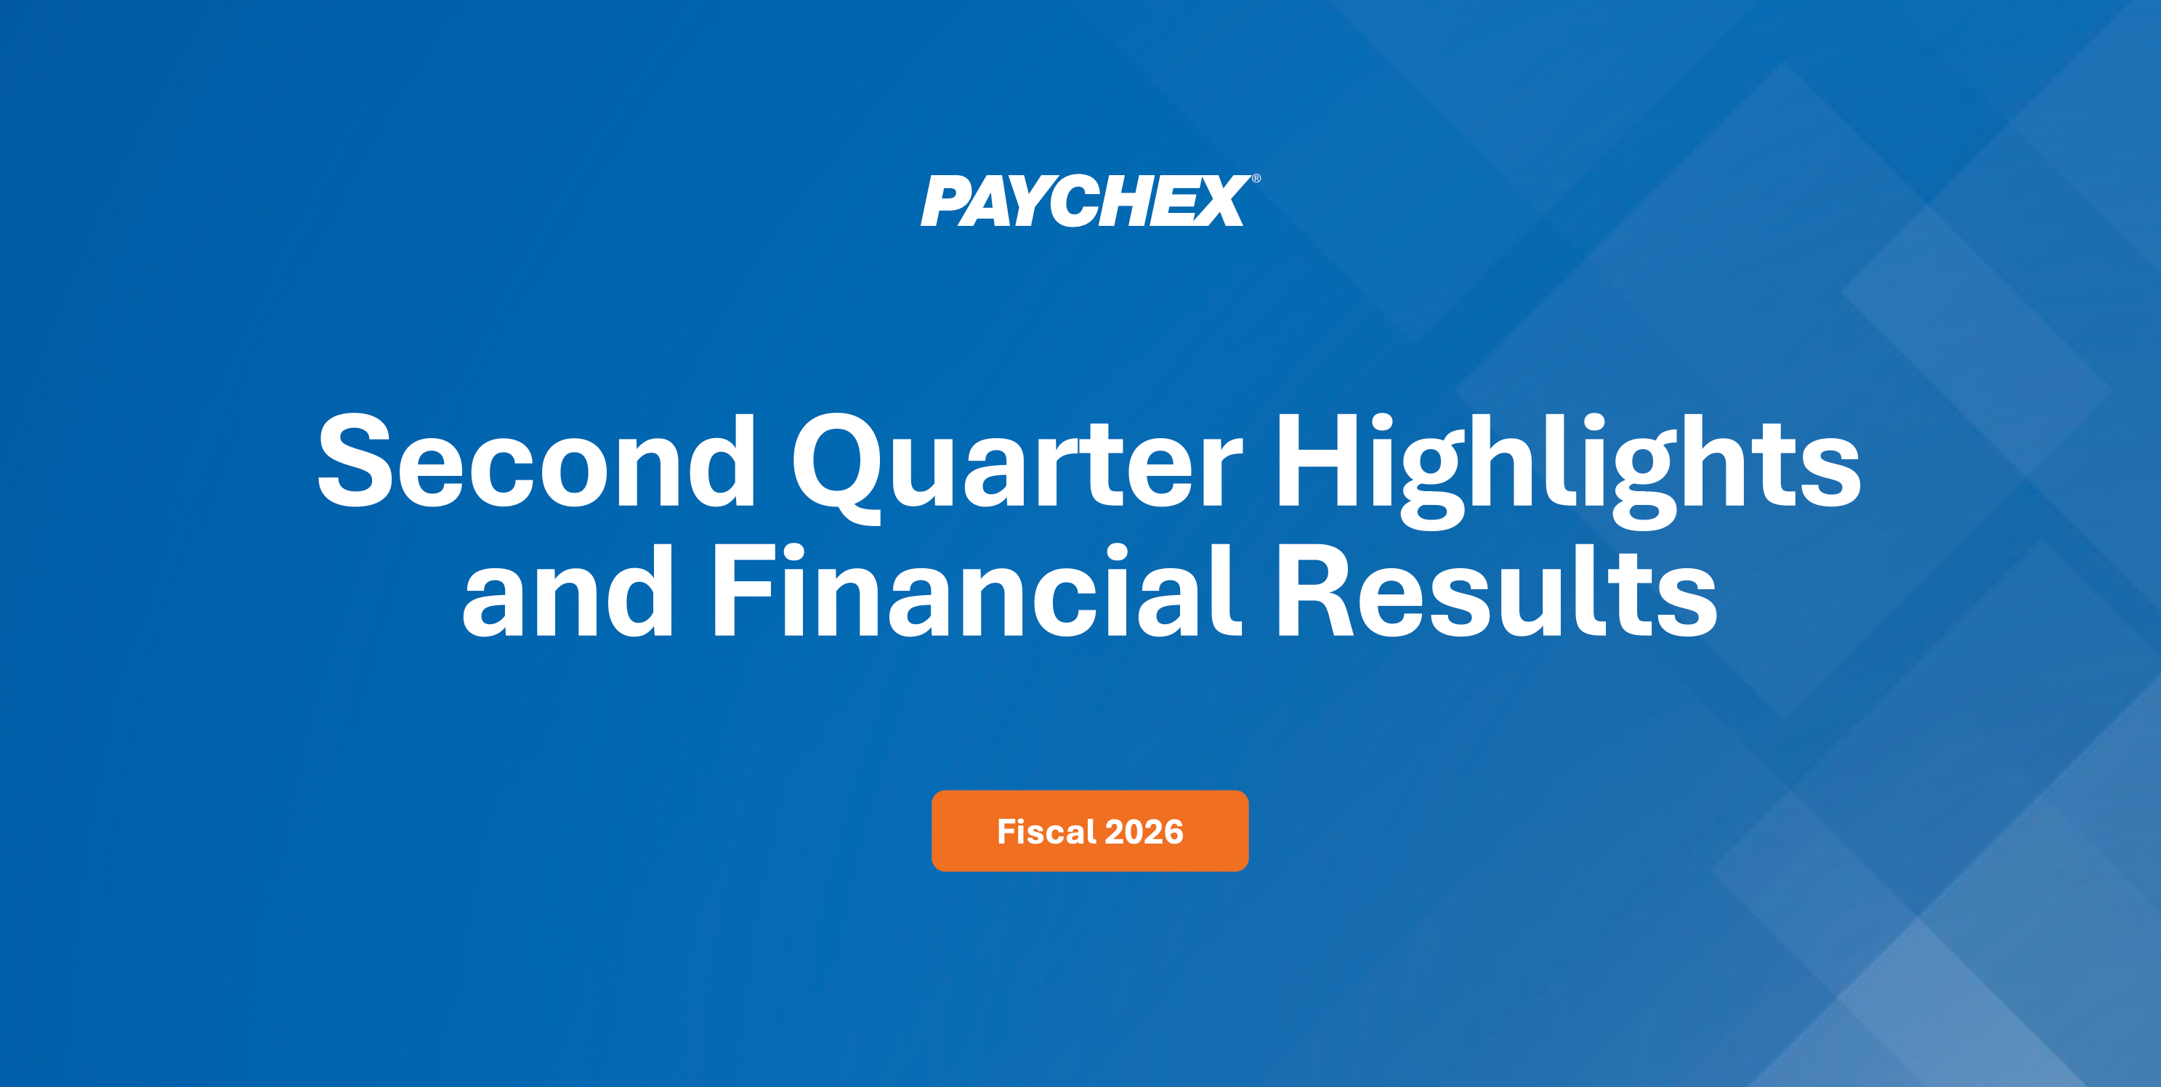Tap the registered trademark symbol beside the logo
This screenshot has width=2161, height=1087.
click(1256, 179)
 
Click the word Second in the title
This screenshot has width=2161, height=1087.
click(537, 461)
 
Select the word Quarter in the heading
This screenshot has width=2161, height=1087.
click(1017, 466)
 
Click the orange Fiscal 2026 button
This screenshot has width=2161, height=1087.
click(1090, 831)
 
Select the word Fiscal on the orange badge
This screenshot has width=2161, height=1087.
click(1047, 831)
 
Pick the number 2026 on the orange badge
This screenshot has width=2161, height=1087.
click(1144, 832)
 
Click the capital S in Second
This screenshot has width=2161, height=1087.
click(355, 461)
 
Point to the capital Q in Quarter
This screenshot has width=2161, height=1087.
click(836, 468)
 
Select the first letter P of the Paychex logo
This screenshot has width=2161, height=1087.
click(945, 201)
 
